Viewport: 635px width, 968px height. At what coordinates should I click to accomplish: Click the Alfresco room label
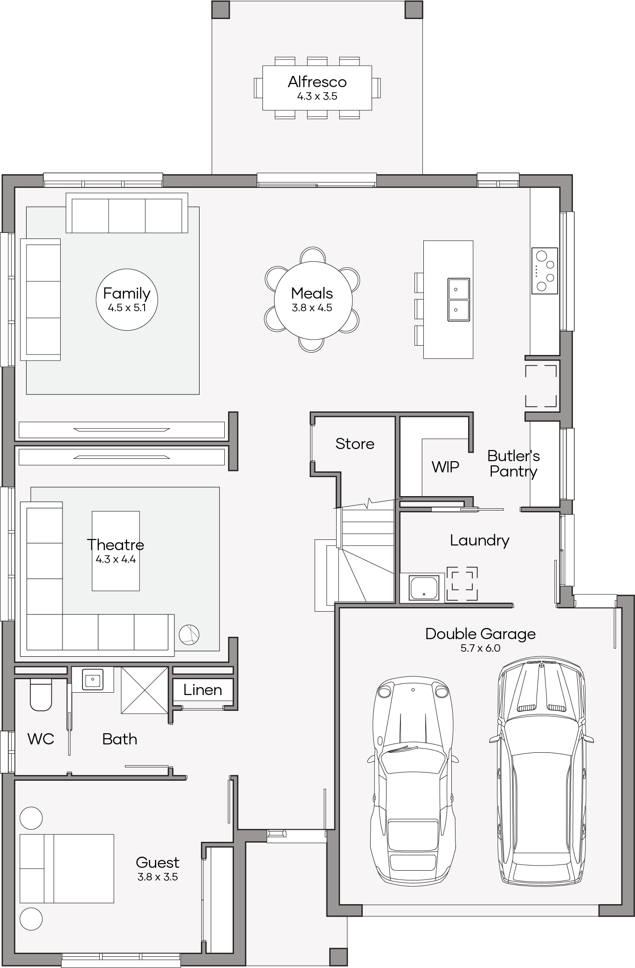click(317, 82)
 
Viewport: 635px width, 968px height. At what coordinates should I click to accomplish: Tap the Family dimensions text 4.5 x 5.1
click(127, 308)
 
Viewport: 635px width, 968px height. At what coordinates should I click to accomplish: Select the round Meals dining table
click(312, 300)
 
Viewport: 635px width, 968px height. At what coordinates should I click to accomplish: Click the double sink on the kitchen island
click(458, 300)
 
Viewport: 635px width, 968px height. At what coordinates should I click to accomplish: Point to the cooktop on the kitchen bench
click(545, 271)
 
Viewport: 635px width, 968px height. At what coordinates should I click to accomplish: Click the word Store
click(355, 444)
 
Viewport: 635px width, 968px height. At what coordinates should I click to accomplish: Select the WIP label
click(445, 467)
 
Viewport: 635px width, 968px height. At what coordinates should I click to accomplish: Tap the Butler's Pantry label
click(513, 464)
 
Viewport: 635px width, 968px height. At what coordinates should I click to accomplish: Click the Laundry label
click(479, 540)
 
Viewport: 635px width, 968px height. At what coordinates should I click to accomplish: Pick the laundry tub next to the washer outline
click(424, 588)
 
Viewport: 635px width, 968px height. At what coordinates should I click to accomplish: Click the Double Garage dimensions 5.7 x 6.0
click(480, 648)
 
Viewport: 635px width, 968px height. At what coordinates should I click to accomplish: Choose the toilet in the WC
click(41, 695)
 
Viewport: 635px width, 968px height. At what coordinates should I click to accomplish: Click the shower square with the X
click(145, 690)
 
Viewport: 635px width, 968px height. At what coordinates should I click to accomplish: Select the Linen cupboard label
click(202, 690)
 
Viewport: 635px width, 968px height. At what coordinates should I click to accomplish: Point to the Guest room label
click(158, 862)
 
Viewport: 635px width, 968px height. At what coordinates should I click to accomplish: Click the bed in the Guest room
click(67, 869)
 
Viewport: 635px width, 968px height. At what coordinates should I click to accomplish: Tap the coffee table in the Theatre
click(116, 551)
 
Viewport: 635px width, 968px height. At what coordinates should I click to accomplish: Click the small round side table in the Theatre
click(189, 635)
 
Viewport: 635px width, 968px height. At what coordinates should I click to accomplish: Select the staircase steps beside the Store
click(365, 554)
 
